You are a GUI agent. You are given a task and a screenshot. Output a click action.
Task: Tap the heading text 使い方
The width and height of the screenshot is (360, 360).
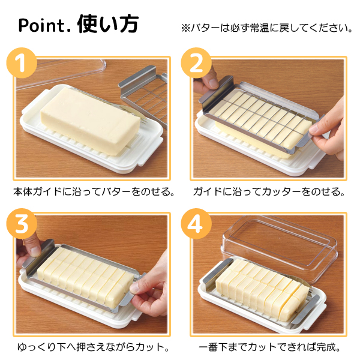coord(108,24)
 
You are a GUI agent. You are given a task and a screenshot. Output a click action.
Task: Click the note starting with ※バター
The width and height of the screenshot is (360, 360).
coord(267,28)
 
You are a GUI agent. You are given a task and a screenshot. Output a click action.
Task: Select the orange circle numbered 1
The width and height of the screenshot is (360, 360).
coord(22,62)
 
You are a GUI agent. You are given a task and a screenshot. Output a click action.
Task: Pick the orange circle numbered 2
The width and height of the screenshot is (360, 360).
coord(196,62)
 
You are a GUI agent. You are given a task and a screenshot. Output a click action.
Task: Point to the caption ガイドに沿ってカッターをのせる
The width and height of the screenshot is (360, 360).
coord(269,192)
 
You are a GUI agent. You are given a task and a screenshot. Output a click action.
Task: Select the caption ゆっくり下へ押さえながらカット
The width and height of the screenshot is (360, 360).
coord(93,347)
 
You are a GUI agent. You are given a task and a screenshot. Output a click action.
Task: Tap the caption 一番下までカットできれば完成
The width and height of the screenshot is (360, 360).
coord(269,347)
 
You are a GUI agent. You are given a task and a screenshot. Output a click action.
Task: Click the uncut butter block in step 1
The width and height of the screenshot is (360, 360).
coord(91,121)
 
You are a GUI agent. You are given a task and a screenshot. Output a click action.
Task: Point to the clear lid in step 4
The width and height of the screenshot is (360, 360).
coord(279,244)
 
